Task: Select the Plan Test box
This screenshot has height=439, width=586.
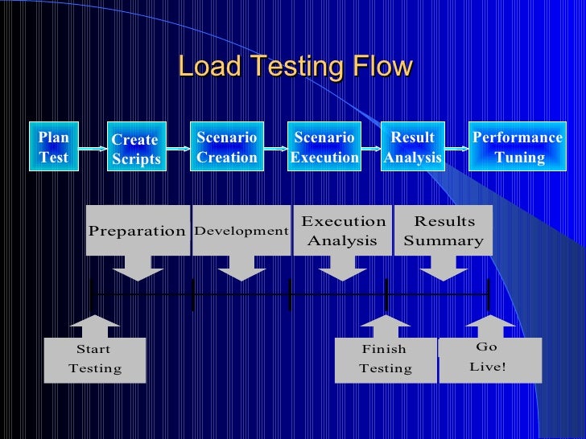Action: click(54, 147)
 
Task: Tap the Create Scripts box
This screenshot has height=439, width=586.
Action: click(136, 149)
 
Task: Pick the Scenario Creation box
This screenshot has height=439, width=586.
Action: click(227, 147)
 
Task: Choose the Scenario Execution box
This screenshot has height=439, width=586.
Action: click(324, 147)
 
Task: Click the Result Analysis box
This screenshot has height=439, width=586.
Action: click(413, 147)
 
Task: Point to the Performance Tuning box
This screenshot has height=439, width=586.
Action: click(518, 147)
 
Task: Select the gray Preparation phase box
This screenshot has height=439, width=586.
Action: click(138, 231)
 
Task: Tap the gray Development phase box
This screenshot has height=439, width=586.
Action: click(241, 231)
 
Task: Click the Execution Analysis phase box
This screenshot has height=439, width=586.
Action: click(343, 231)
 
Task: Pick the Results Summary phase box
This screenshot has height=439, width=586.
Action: click(444, 231)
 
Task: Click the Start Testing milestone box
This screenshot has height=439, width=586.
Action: click(95, 359)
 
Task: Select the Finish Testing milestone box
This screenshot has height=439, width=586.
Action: click(385, 359)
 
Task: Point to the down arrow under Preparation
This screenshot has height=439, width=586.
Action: click(138, 268)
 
